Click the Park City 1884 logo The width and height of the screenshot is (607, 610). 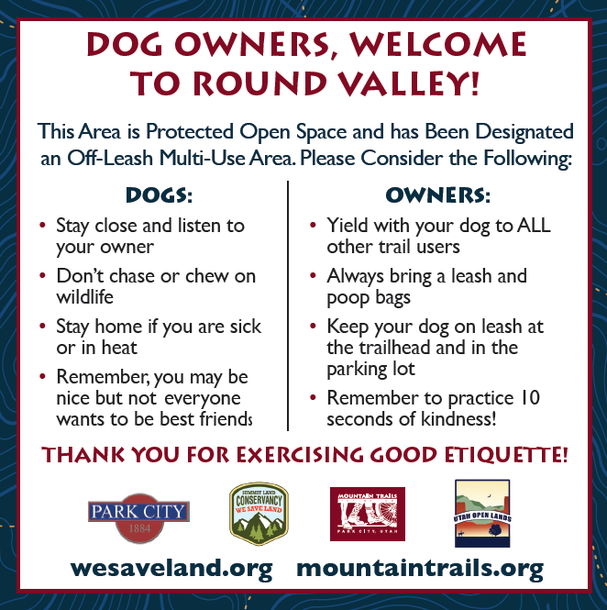point(138,517)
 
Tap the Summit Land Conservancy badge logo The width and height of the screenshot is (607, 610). point(259,514)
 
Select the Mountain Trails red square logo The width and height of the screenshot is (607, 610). point(368,514)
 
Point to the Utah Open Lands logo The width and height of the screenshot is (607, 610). point(482,513)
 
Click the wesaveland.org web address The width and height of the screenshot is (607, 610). point(171,569)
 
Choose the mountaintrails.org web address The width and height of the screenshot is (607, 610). point(420,569)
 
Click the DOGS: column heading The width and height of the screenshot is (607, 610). point(159,195)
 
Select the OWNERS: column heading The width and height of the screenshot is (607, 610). point(438,195)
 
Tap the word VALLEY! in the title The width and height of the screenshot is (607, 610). point(409,83)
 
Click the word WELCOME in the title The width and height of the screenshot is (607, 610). point(438,45)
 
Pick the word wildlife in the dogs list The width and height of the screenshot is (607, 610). point(84,297)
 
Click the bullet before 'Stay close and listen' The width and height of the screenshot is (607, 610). point(43,226)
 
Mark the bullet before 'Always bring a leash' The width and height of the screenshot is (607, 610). point(313,275)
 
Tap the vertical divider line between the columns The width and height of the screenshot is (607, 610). point(288,305)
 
